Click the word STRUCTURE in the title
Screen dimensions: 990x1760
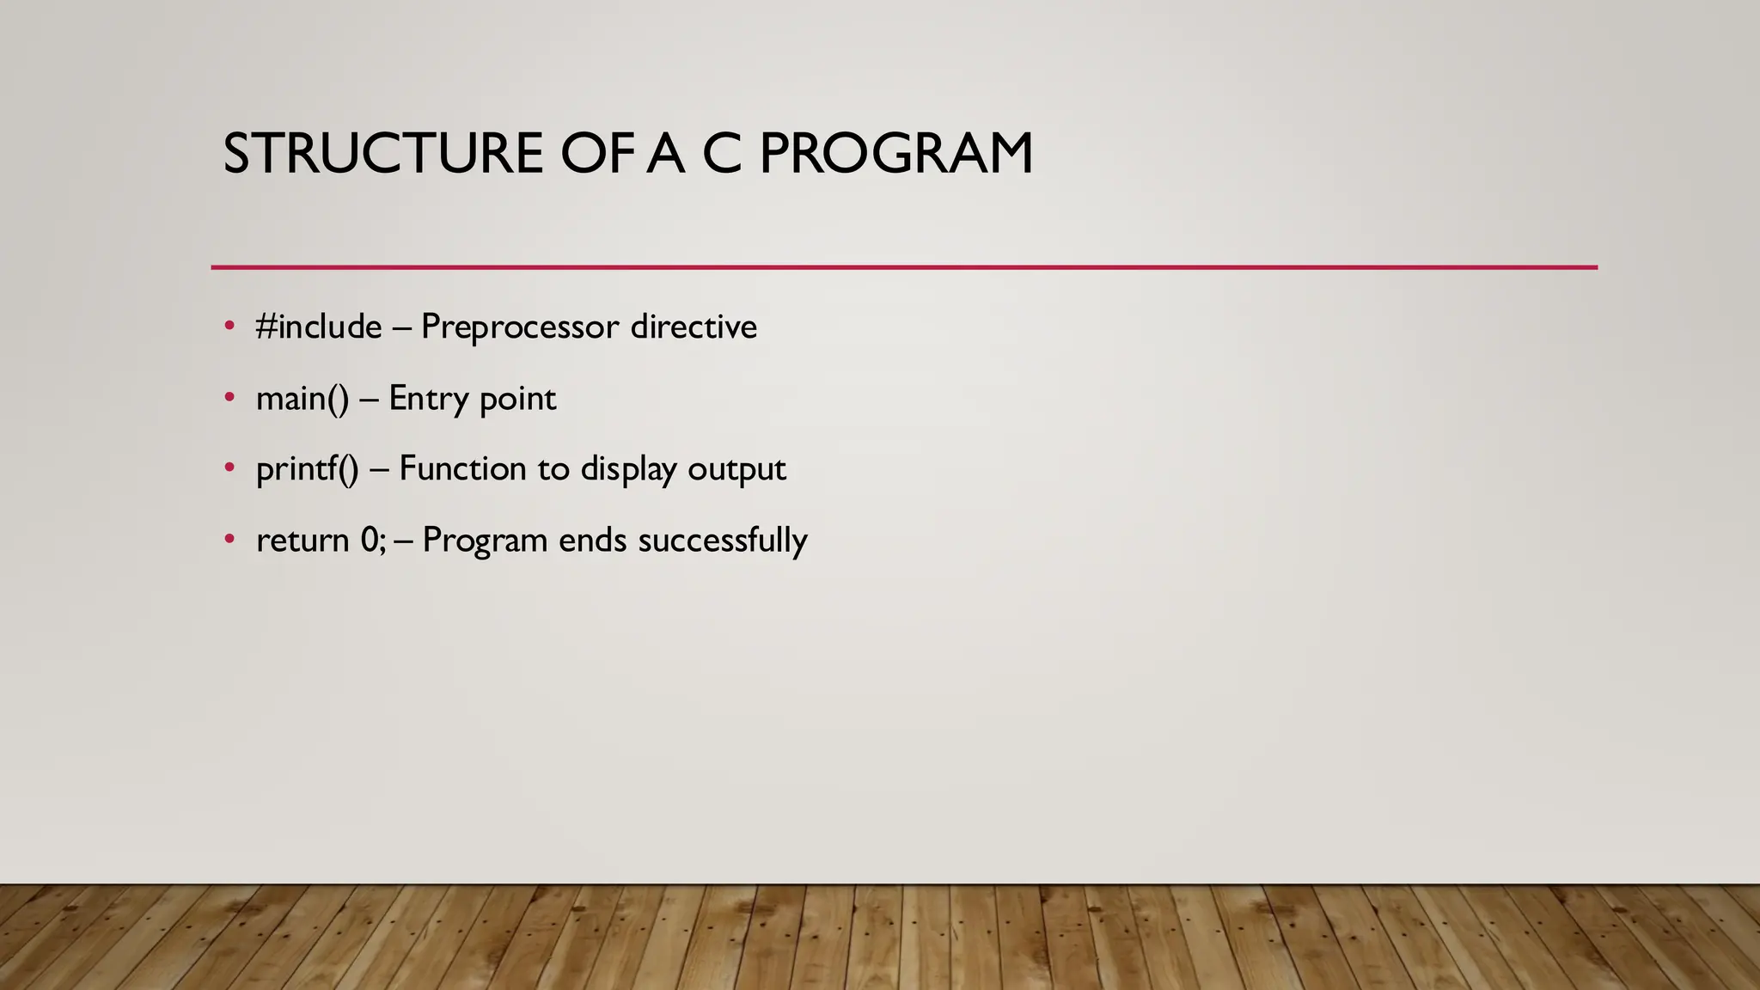tap(382, 155)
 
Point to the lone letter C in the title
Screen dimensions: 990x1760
tap(721, 155)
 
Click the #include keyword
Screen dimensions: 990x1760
tap(319, 327)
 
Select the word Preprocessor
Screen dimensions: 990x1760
tap(520, 327)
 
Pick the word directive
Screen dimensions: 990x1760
tap(694, 327)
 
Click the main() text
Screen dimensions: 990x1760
tap(302, 399)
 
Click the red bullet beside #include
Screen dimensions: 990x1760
tap(229, 326)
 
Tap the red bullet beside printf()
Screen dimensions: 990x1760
tap(229, 467)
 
